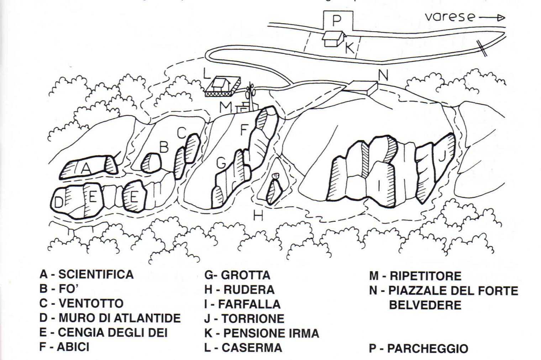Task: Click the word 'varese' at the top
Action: click(x=450, y=16)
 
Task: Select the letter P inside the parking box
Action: click(x=336, y=21)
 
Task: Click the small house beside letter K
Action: click(x=333, y=38)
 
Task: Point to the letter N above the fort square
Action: click(x=383, y=75)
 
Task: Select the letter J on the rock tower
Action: click(x=442, y=156)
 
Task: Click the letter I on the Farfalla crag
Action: click(x=380, y=185)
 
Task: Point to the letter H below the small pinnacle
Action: click(x=258, y=215)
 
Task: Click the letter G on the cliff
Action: click(x=221, y=163)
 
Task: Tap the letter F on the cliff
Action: click(x=244, y=130)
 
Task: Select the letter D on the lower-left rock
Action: click(x=58, y=203)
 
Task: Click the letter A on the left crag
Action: click(x=85, y=168)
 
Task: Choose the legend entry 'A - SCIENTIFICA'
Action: click(x=86, y=275)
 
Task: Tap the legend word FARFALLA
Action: click(x=249, y=304)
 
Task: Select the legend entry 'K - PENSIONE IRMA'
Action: click(x=262, y=333)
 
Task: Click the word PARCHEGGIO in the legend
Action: click(x=427, y=349)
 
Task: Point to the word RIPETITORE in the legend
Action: click(x=425, y=276)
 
